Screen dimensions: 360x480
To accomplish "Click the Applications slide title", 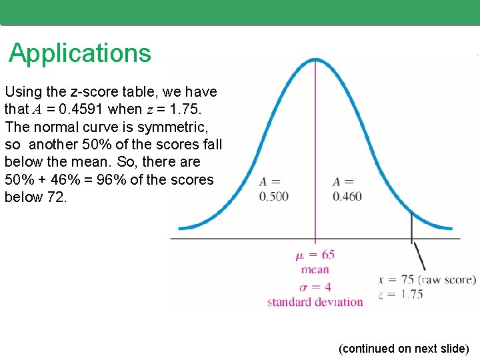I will coord(80,53).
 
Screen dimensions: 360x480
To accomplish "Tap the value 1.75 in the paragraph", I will coord(182,109).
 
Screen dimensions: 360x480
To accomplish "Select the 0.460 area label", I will coord(347,196).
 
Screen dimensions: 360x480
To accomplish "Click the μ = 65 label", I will coord(315,255).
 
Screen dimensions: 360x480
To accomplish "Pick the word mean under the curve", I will coord(315,270).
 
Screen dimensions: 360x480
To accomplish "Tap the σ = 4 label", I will coord(315,287).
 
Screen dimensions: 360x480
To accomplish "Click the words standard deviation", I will coord(315,302).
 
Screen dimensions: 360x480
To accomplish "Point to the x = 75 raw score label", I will coord(427,279).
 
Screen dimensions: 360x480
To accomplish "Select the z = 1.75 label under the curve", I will coord(401,294).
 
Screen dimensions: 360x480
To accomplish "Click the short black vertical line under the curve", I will coord(411,227).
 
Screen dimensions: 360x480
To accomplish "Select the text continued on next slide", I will coord(404,349).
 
